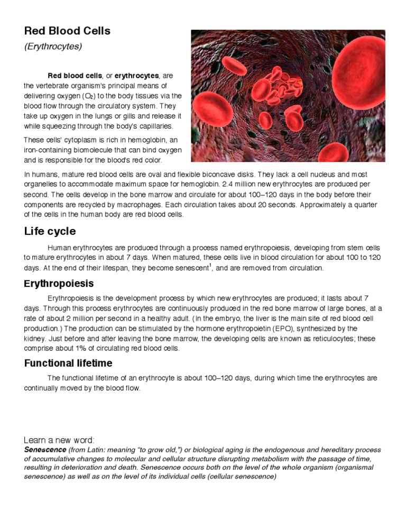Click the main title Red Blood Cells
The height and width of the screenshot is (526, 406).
click(x=67, y=31)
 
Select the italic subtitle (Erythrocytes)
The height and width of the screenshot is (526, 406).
click(x=53, y=47)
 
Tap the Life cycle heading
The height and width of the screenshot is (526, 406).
click(x=50, y=231)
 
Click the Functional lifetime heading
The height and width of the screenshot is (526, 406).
click(x=68, y=363)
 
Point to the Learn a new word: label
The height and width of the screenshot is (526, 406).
click(x=59, y=440)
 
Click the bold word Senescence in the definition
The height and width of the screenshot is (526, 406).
click(x=45, y=449)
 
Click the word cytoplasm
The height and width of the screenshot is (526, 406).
click(x=74, y=140)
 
